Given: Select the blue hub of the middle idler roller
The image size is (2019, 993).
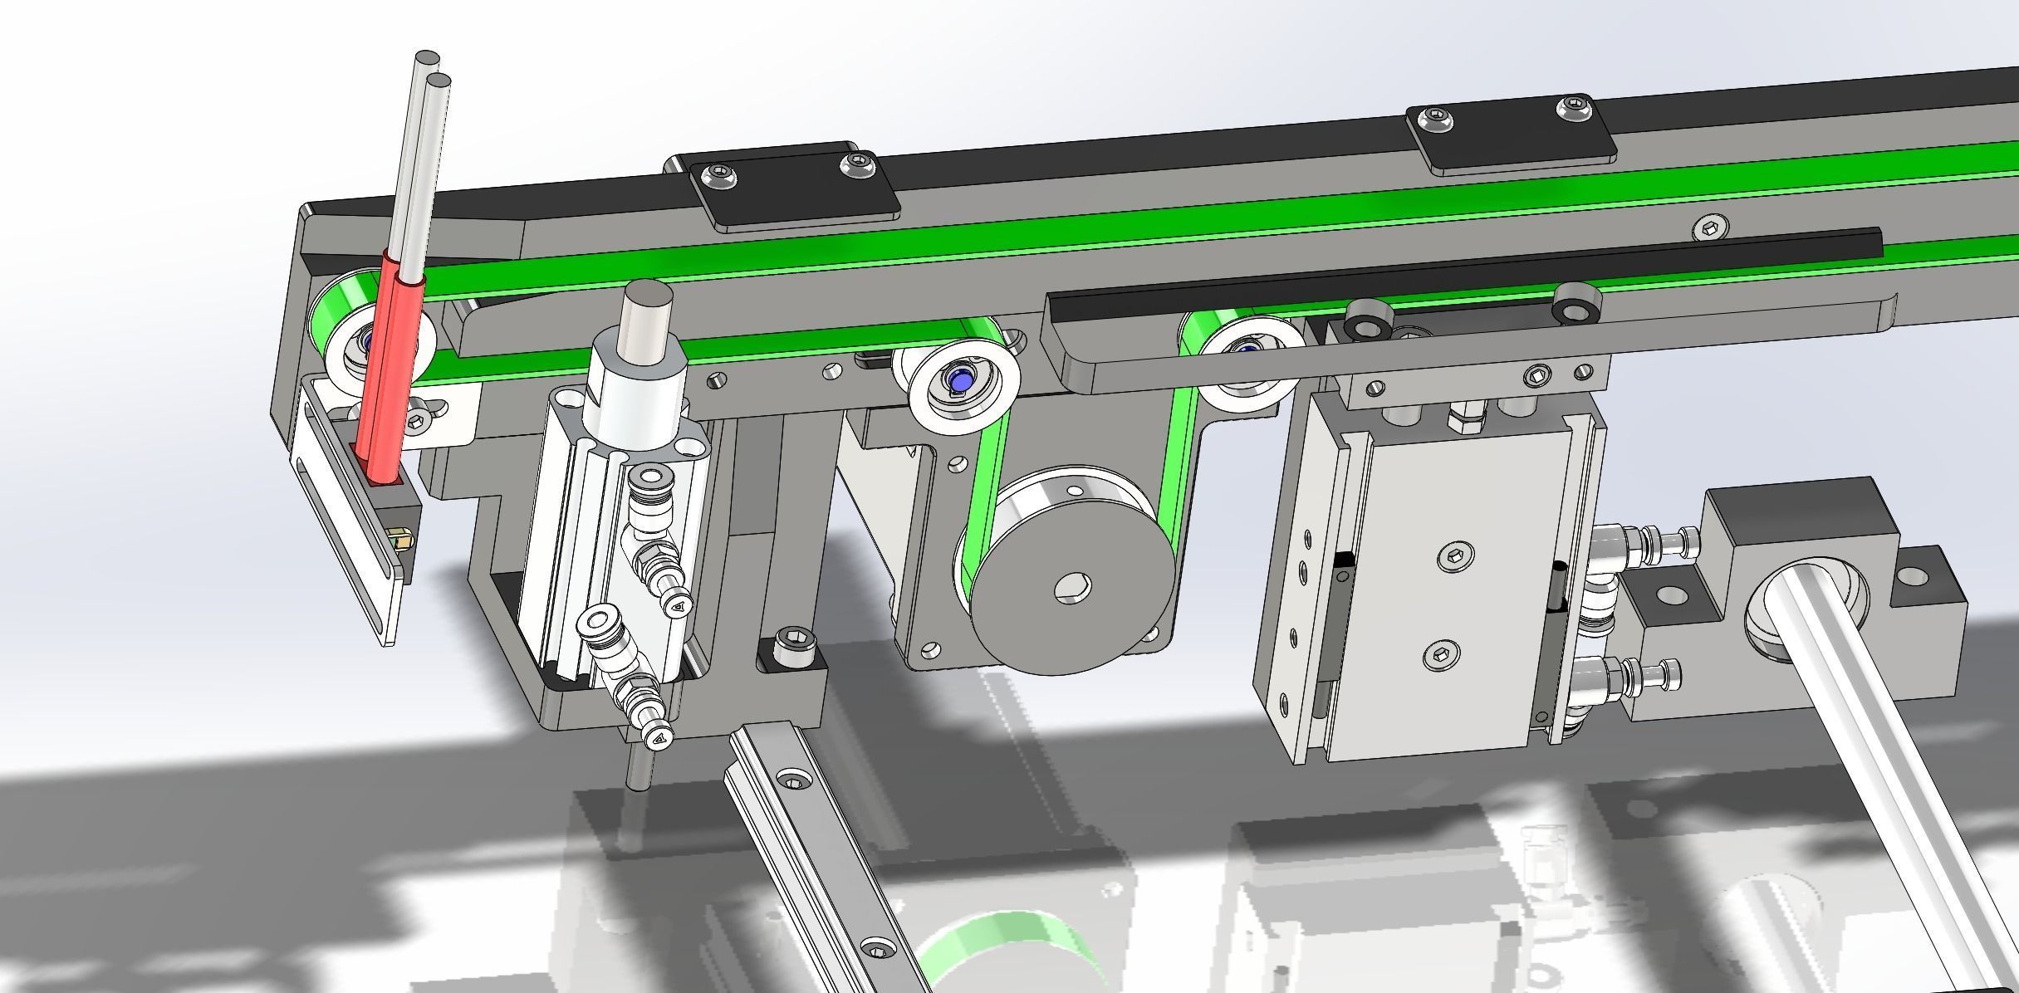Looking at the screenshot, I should click(960, 381).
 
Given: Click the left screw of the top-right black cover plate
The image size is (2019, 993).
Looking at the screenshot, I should click(1438, 121).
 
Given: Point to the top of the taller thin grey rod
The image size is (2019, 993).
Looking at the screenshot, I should click(427, 58).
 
